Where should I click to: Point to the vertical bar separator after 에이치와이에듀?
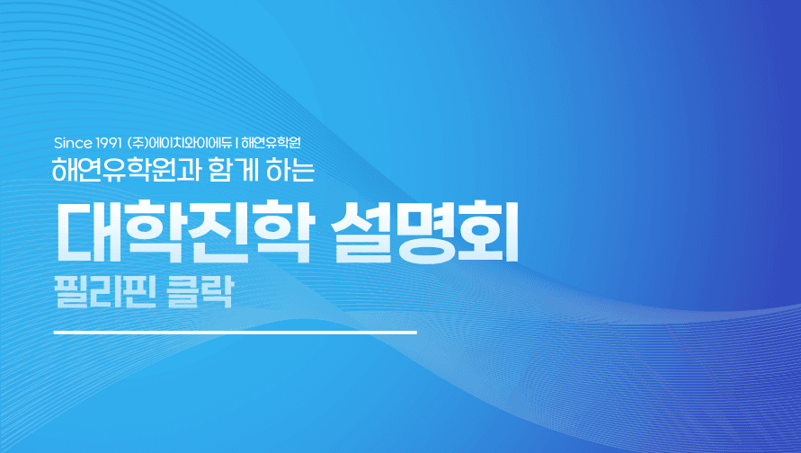click(236, 143)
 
